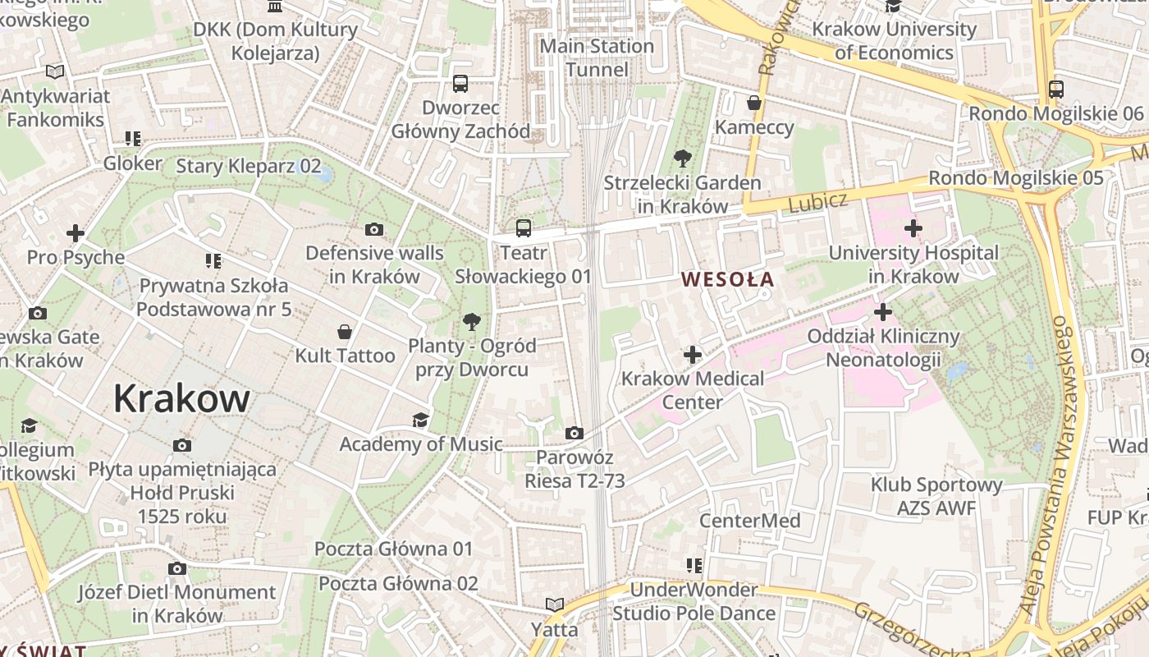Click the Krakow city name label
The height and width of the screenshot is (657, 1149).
coord(181,399)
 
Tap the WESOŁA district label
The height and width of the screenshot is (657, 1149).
coord(727,279)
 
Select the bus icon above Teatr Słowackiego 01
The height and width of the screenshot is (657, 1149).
coord(524,228)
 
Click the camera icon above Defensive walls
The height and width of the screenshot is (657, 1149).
coord(374,229)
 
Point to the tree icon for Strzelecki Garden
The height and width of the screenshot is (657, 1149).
coord(682,159)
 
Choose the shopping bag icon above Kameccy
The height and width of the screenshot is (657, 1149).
coord(754,103)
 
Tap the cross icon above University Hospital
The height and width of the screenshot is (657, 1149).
coord(913,228)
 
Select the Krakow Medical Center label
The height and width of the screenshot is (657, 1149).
coord(693,390)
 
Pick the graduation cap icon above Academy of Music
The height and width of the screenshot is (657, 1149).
coord(420,420)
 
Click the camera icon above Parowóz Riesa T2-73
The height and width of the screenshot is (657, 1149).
coord(574,433)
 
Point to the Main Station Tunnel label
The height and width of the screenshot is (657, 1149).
coord(597,57)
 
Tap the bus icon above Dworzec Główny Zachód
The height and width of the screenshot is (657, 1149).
coord(460,83)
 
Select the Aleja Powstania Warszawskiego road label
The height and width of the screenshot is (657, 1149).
coord(1046,466)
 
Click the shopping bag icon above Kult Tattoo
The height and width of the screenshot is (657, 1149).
coord(346,332)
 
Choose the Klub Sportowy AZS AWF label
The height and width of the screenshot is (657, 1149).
coord(936,496)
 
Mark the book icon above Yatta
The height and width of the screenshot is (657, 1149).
coord(555,605)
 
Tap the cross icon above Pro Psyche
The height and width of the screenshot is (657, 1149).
coord(76,233)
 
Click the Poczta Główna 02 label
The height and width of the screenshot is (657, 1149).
coord(398,584)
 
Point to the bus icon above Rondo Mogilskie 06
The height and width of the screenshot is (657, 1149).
coord(1056,90)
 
